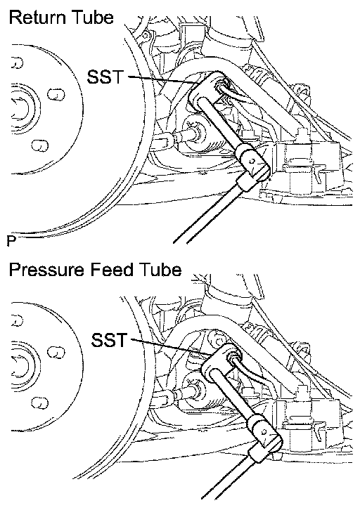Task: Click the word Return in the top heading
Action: pyautogui.click(x=38, y=18)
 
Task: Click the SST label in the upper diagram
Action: pyautogui.click(x=105, y=77)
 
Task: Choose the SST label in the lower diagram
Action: pyautogui.click(x=109, y=340)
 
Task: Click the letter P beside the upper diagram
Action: pyautogui.click(x=11, y=241)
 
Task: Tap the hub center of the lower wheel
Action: pyautogui.click(x=20, y=366)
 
